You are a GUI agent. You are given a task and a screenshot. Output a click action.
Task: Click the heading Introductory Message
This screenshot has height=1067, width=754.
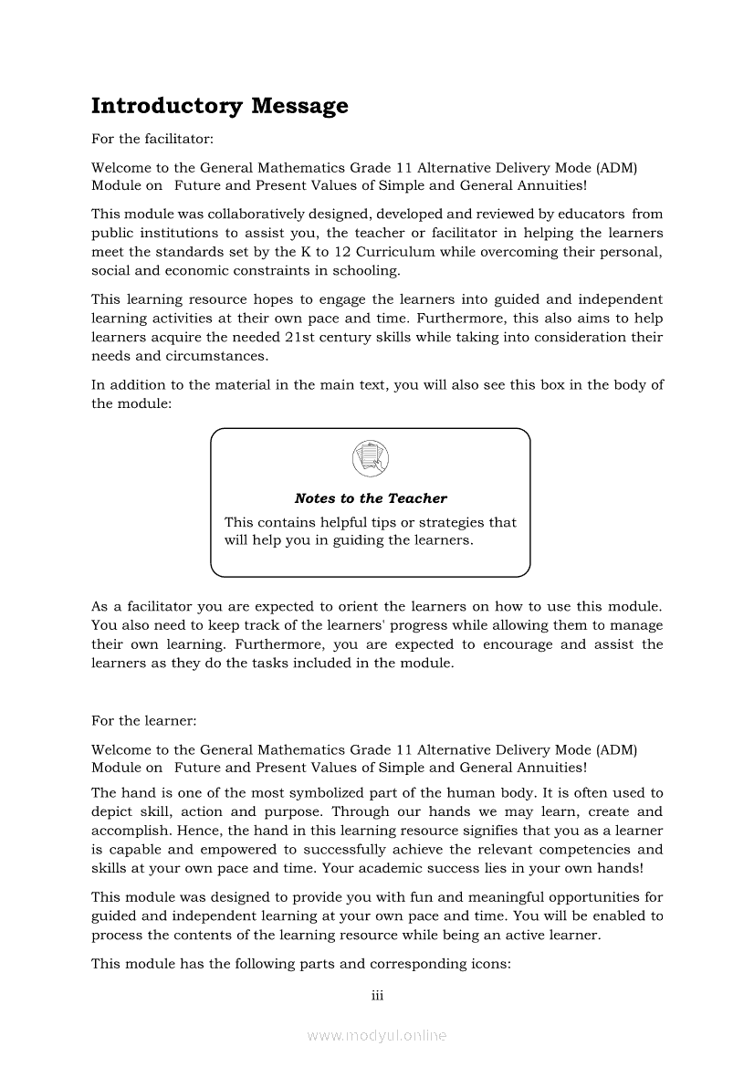point(220,106)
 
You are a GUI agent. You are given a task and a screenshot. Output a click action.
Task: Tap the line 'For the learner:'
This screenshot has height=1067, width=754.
point(143,720)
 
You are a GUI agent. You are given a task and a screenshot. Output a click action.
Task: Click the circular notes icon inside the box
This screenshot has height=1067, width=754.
point(370,457)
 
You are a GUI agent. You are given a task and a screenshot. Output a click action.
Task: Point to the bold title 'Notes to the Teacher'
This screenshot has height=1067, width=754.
point(371,498)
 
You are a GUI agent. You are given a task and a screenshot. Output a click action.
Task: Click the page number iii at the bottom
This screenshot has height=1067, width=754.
point(377,996)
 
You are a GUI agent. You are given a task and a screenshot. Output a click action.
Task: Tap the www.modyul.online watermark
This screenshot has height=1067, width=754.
point(377,1035)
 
